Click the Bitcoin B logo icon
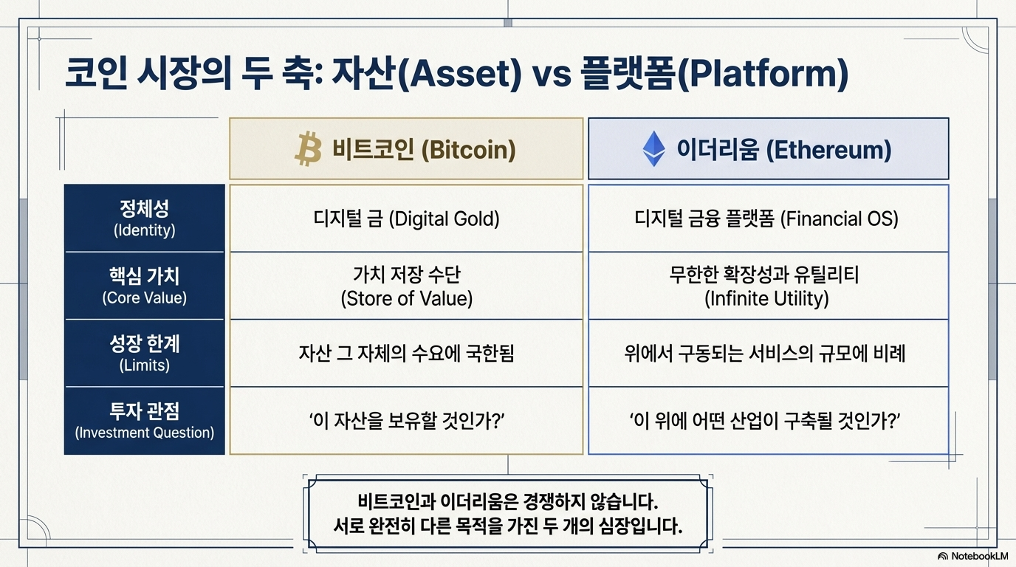click(308, 149)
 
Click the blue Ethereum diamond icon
click(654, 149)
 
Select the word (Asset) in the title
click(460, 74)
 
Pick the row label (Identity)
click(144, 230)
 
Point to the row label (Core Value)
click(144, 298)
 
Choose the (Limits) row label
click(144, 365)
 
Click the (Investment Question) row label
click(144, 433)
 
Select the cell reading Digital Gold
click(406, 219)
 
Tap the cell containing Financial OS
click(769, 219)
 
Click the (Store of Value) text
click(406, 298)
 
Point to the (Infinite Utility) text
click(766, 298)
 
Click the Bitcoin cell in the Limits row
click(406, 354)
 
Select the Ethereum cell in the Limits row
click(769, 354)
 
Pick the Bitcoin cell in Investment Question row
click(406, 421)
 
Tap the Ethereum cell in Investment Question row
click(769, 421)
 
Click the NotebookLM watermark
click(973, 556)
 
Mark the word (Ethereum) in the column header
click(828, 150)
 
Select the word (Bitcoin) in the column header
click(469, 150)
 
